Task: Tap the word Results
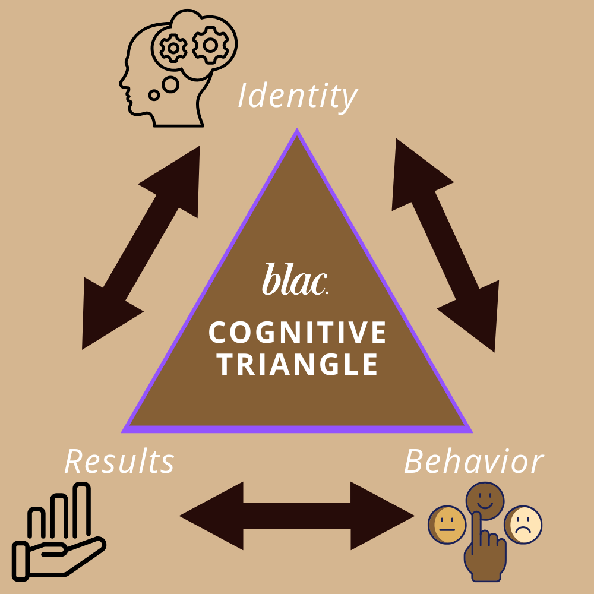[x=119, y=462]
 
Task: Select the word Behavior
[x=473, y=462]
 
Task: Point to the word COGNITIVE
[x=298, y=333]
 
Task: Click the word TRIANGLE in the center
[x=298, y=364]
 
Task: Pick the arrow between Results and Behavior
[x=297, y=516]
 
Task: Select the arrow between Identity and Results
[x=141, y=247]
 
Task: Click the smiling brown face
[x=484, y=498]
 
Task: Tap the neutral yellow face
[x=447, y=525]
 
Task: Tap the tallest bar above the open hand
[x=81, y=508]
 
